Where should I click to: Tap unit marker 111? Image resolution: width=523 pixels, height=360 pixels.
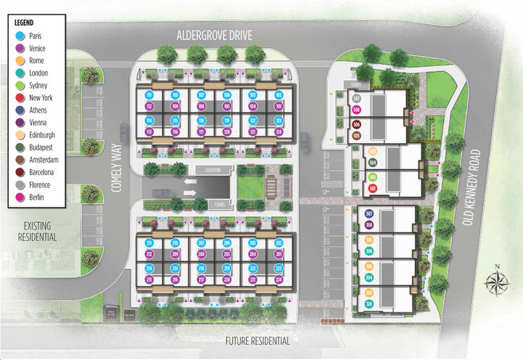pos(149,95)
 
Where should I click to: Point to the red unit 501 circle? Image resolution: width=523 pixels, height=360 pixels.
pos(372,189)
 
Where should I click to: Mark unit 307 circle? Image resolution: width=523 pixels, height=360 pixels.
pos(369,213)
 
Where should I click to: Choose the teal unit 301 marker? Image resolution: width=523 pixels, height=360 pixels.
pos(369,303)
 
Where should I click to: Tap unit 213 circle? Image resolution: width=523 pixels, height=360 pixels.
pos(149,279)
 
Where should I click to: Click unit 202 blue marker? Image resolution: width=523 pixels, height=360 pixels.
pos(279,242)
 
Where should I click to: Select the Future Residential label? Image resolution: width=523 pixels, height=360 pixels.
pos(258,340)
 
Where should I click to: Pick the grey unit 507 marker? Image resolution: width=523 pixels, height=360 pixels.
pos(356,98)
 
